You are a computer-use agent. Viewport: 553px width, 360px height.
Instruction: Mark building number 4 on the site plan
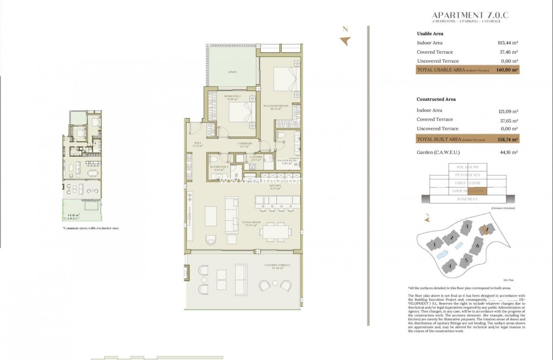[450, 265]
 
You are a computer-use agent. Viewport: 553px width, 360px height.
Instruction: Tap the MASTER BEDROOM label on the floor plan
[276, 106]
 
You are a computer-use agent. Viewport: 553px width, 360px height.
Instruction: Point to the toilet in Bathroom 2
[214, 160]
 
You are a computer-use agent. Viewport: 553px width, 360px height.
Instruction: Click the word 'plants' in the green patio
[233, 72]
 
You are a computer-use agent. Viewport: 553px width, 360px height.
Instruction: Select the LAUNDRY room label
[256, 158]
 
